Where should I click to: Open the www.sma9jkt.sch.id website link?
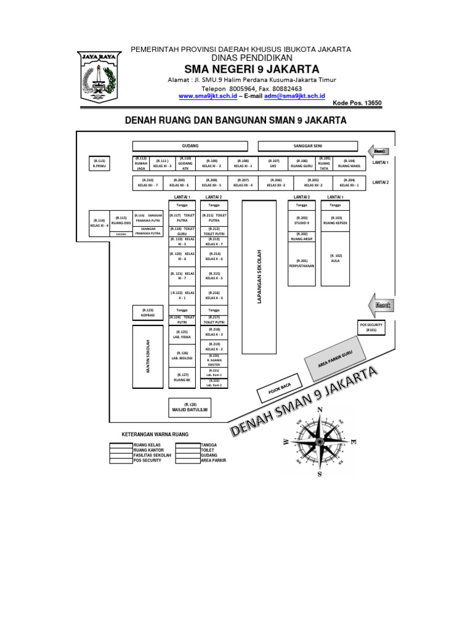[x=208, y=97]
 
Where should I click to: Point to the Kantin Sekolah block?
[x=148, y=356]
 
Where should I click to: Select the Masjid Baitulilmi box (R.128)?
[x=189, y=406]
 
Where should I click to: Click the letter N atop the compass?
[x=320, y=410]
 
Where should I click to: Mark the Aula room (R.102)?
[x=335, y=258]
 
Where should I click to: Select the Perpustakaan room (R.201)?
[x=301, y=263]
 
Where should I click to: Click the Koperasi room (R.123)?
[x=148, y=312]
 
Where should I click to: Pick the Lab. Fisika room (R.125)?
[x=182, y=335]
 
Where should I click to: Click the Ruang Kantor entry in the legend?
[x=148, y=450]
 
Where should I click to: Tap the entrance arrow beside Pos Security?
[x=379, y=305]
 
